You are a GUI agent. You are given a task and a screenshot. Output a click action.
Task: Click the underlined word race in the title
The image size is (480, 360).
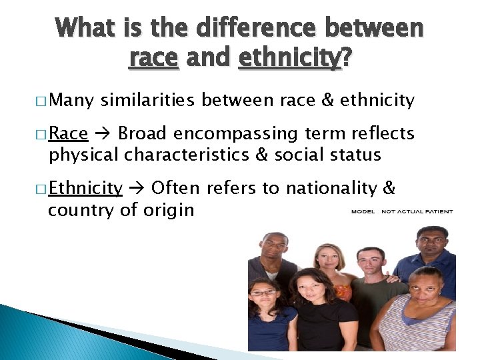pyautogui.click(x=153, y=59)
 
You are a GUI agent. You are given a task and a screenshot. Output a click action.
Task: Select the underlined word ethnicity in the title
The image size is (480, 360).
pyautogui.click(x=288, y=59)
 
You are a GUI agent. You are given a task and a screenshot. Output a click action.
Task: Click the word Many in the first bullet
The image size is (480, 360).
pyautogui.click(x=71, y=101)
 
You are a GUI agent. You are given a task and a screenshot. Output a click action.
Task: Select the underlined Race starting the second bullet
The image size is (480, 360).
pyautogui.click(x=69, y=133)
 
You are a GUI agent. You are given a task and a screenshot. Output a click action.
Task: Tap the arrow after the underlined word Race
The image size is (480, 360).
pyautogui.click(x=103, y=134)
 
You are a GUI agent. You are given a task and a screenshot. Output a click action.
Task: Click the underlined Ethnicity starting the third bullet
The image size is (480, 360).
pyautogui.click(x=85, y=188)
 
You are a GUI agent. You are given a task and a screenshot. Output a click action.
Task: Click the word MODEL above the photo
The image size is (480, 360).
pyautogui.click(x=364, y=212)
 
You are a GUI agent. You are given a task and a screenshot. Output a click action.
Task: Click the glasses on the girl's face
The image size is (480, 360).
pyautogui.click(x=263, y=293)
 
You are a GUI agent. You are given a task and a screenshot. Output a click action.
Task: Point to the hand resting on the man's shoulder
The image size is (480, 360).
pyautogui.click(x=394, y=279)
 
